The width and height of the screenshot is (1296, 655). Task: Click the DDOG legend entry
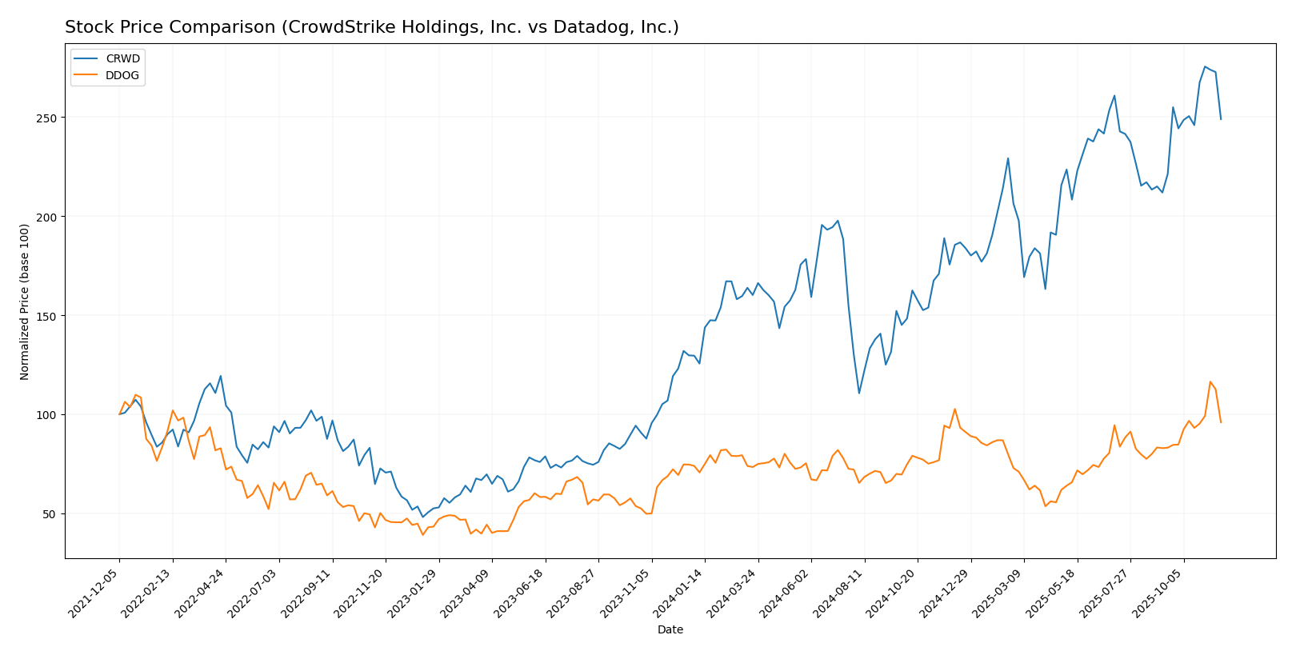122,76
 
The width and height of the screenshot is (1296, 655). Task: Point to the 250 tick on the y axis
47,118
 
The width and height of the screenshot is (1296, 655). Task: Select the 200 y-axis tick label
47,217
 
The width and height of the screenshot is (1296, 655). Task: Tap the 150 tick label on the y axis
47,316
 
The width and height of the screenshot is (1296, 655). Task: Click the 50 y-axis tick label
50,513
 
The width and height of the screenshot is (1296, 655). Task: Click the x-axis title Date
670,630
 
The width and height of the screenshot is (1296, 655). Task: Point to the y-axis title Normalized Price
25,302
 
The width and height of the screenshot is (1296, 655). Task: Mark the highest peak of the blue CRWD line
1205,66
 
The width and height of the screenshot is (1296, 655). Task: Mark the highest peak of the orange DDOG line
1210,381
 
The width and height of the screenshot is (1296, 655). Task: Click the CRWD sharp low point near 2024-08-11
859,393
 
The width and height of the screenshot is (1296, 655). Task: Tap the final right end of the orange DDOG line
1221,422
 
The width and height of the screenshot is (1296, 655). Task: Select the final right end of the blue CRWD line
1221,119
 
